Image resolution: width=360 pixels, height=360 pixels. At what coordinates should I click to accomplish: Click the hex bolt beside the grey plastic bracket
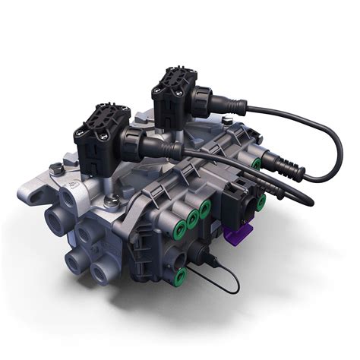point(112,201)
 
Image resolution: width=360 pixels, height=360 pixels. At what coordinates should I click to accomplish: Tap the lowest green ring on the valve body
point(180,278)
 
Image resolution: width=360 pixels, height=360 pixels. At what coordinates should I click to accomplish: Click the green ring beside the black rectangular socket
point(261,203)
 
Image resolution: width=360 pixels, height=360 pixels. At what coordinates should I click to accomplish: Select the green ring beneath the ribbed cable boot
point(257,164)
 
